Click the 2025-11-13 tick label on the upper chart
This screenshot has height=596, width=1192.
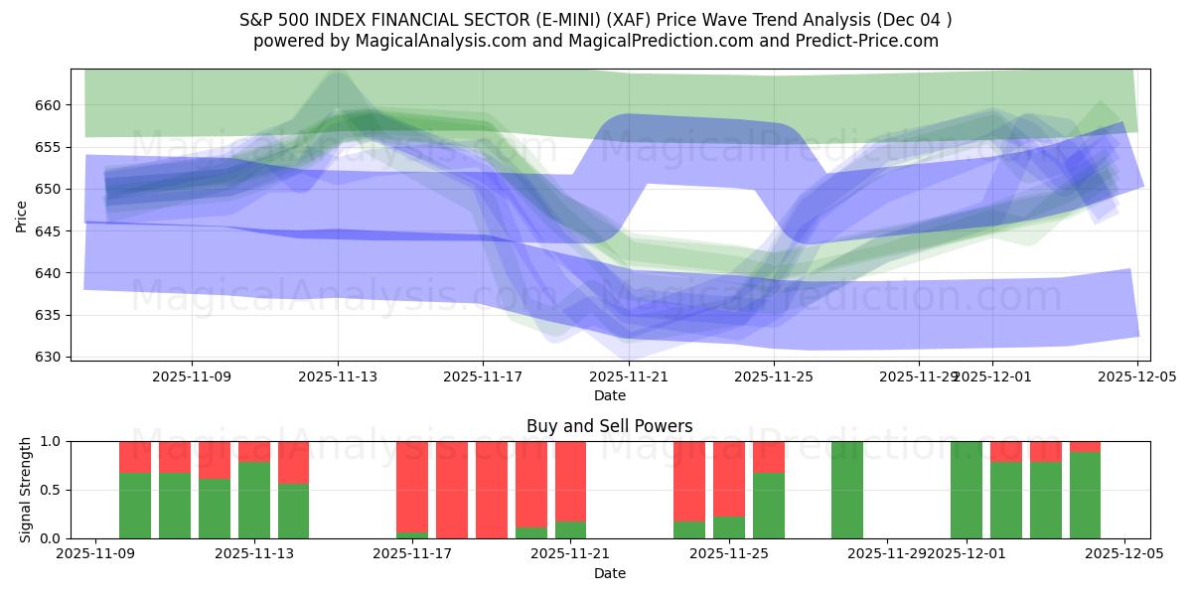(338, 377)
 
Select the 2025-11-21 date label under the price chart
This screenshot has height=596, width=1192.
(629, 377)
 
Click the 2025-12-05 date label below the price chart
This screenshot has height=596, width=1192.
(1136, 377)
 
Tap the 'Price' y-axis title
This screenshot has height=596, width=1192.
(22, 215)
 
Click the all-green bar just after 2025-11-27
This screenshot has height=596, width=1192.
(847, 490)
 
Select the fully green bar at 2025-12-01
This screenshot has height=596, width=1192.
(966, 490)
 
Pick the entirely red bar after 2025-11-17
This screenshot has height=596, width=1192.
(452, 490)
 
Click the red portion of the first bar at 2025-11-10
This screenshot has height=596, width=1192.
(135, 456)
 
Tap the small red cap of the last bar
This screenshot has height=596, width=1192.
(1085, 446)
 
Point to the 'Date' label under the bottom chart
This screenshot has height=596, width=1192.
(609, 573)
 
